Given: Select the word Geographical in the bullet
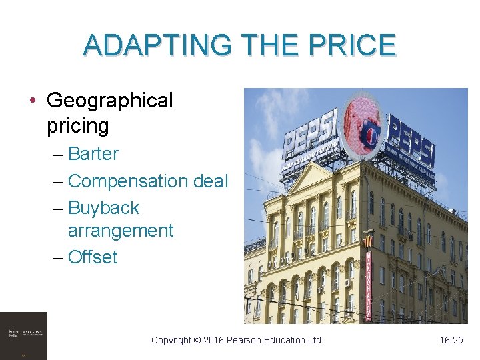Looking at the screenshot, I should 110,101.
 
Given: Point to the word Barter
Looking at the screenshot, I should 93,153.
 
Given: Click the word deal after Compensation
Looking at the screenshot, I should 211,181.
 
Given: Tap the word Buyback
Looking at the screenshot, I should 104,207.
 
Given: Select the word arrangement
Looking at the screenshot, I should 121,231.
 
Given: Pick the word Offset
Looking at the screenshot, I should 93,257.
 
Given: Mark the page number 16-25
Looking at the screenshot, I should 451,340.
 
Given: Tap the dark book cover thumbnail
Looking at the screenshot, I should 23,335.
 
